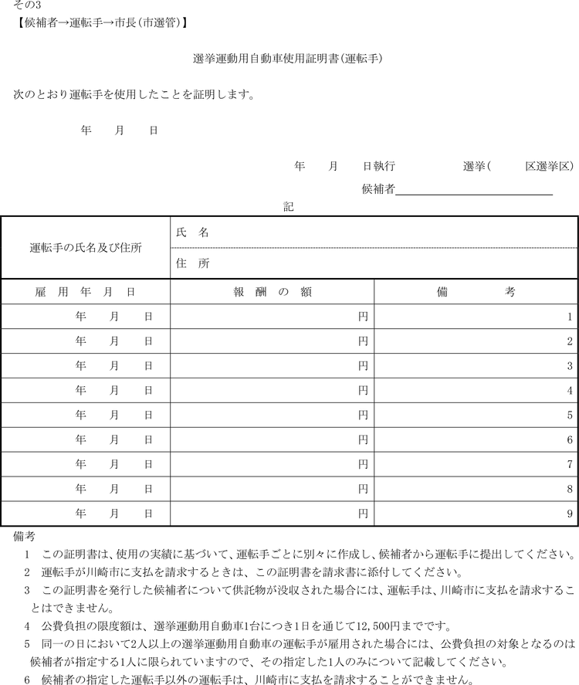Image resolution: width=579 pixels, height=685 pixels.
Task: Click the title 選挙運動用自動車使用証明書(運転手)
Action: [288, 59]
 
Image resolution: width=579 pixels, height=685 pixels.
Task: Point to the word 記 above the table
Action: [289, 207]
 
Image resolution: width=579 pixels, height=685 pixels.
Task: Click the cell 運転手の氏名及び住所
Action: [86, 248]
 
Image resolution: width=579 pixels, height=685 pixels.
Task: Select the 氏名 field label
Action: [192, 232]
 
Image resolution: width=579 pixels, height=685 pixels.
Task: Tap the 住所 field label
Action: [192, 263]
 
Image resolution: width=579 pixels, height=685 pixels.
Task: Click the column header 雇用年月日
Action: [86, 292]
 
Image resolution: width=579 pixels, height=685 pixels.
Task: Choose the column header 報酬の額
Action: [273, 292]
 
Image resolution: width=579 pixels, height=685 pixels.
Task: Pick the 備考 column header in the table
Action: [476, 292]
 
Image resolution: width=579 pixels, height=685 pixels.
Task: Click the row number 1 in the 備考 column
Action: [570, 317]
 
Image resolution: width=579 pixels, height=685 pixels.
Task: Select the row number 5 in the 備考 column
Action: [570, 415]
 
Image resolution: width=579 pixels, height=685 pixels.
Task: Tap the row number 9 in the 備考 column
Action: [570, 513]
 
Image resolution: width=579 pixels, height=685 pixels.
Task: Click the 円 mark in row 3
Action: [363, 366]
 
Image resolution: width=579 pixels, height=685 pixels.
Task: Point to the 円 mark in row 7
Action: [363, 464]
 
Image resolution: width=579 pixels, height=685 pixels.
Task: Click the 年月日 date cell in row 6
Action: [113, 439]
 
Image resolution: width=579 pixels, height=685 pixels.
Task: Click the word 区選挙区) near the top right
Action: [549, 166]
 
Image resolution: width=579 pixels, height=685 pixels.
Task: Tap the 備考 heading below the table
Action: [24, 535]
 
